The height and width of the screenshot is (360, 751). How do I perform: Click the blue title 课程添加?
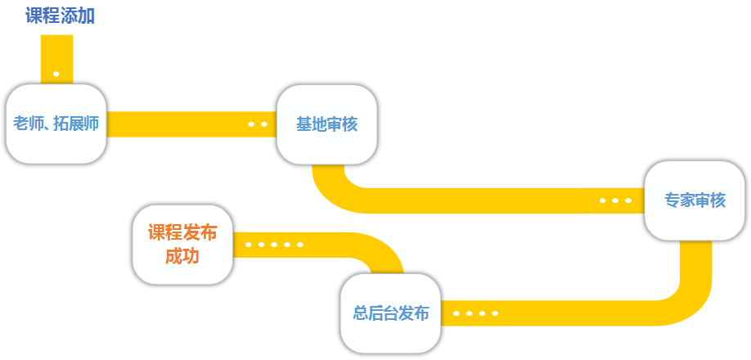[x=61, y=16]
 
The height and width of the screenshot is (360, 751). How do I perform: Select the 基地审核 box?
[x=326, y=124]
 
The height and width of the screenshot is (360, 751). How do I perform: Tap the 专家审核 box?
[x=695, y=200]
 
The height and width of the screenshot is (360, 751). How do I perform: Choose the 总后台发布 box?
[x=390, y=313]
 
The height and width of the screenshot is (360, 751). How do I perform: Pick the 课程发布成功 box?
[x=182, y=245]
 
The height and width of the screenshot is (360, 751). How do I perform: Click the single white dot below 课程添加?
[x=56, y=74]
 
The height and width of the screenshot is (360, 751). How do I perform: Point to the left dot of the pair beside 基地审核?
[x=251, y=124]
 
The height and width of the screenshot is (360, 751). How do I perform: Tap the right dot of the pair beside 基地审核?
[x=263, y=124]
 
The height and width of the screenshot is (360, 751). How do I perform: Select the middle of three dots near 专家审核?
[x=615, y=200]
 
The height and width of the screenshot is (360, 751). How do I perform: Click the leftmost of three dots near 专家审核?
[x=603, y=200]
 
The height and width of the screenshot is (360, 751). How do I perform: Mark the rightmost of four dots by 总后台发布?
[x=494, y=313]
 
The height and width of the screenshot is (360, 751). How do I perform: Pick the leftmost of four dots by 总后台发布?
[x=456, y=313]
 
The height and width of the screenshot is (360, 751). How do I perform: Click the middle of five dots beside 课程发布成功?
[x=274, y=244]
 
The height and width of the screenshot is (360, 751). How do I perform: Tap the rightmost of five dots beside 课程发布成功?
[x=300, y=244]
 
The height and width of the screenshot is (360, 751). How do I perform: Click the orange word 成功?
[x=182, y=256]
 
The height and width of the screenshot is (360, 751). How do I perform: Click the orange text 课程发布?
[x=182, y=233]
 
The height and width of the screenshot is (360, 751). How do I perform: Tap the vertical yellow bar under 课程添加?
[x=56, y=53]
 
